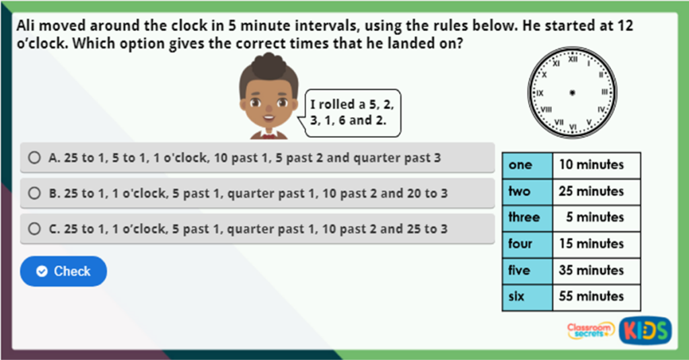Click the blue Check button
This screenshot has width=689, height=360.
pos(63,271)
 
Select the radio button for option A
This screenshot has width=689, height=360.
pos(34,158)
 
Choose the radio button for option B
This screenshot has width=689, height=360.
pos(34,193)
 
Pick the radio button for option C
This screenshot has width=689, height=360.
pos(34,229)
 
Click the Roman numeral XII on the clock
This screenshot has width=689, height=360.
pos(573,60)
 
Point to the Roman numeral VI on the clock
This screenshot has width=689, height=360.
pos(573,126)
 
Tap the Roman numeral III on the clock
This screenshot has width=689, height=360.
pos(604,92)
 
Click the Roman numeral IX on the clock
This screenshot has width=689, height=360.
pos(540,93)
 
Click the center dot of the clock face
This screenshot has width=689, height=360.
pos(572,92)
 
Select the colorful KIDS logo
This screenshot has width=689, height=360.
pos(645,330)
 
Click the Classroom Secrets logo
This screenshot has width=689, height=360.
pos(590,330)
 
